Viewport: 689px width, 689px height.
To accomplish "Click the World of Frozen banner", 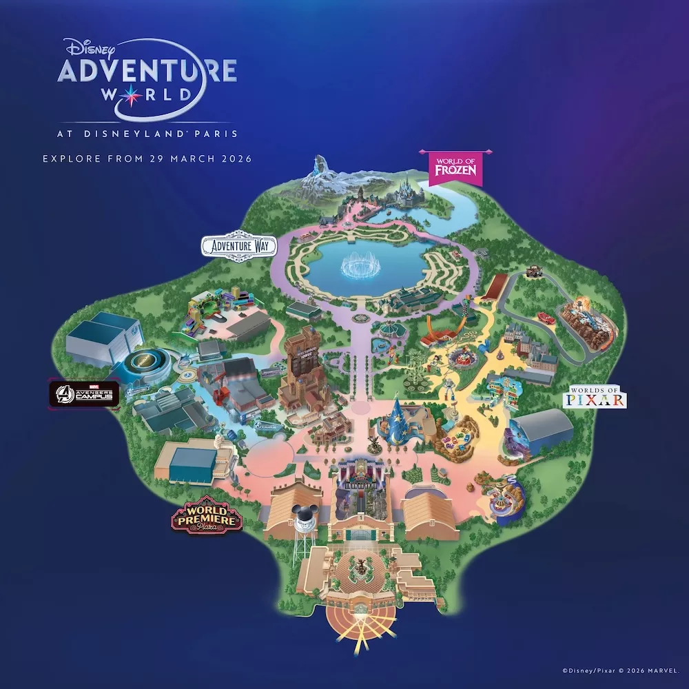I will [455, 168].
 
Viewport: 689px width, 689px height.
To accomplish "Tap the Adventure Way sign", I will [238, 246].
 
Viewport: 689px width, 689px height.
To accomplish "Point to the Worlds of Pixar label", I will [594, 398].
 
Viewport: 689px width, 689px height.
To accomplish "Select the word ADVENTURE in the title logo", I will [147, 70].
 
